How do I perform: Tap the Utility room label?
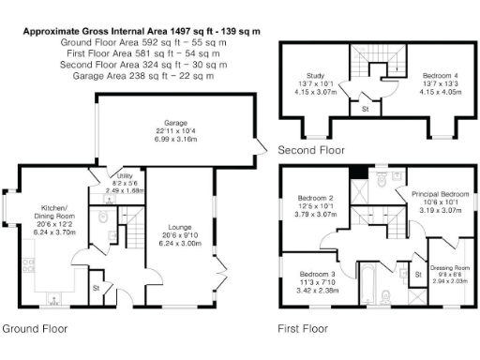point(124,176)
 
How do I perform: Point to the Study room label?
point(315,75)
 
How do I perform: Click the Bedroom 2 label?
point(316,199)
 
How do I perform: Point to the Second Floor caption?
point(310,150)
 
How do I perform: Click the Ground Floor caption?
point(35,329)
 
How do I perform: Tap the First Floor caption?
point(302,329)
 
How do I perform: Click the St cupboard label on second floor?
point(365,110)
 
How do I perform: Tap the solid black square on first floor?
point(357,172)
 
